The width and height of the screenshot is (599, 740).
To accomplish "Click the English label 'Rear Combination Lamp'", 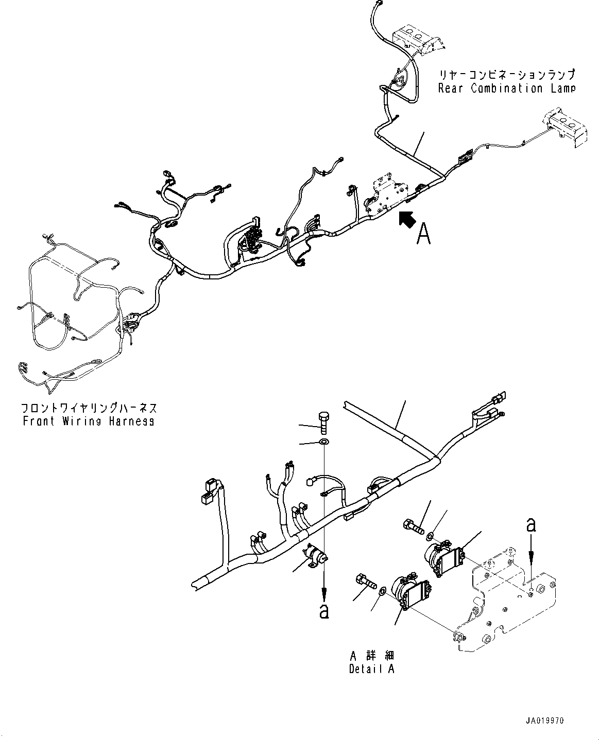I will [x=506, y=89].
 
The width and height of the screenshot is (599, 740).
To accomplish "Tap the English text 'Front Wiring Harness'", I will [x=88, y=421].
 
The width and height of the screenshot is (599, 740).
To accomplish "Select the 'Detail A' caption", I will [x=371, y=669].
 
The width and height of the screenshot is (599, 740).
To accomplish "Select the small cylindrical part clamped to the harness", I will [x=315, y=556].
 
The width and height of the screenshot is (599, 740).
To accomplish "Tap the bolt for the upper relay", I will [x=414, y=526].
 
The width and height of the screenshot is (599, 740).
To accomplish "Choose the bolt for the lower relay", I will [x=365, y=585].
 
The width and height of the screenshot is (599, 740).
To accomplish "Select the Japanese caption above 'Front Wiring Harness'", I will [x=88, y=408].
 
